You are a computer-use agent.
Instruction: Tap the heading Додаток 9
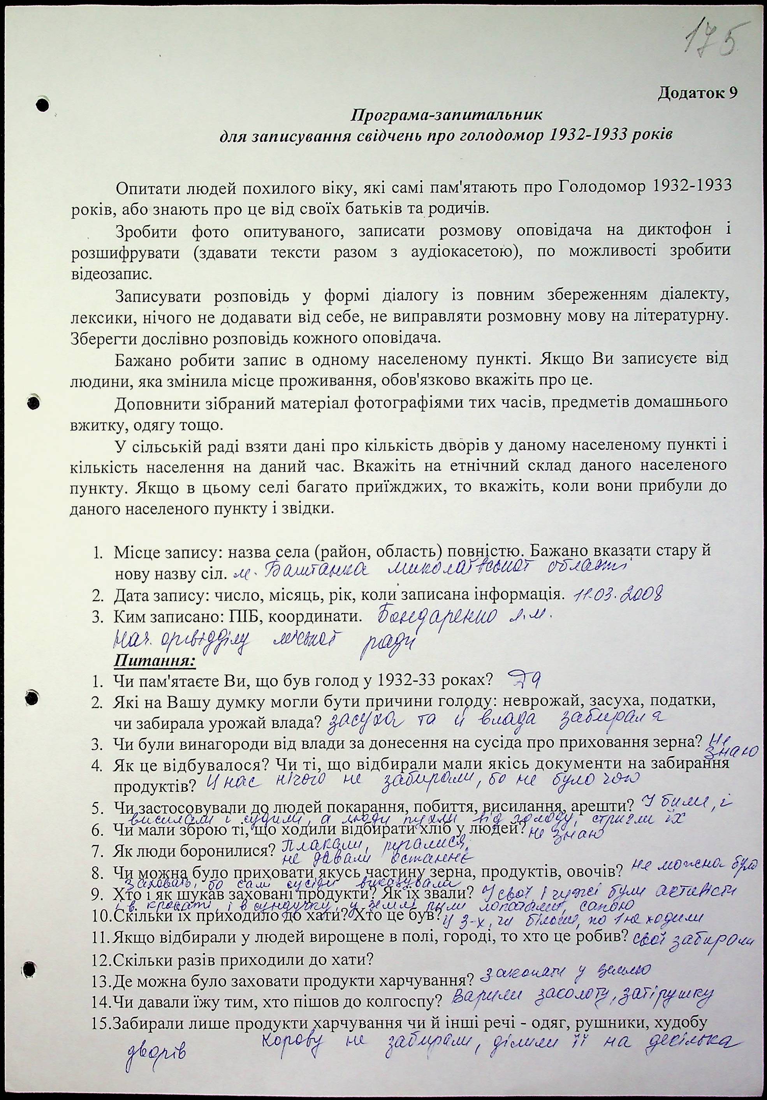(697, 93)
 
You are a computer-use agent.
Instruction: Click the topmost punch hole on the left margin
(42, 104)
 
